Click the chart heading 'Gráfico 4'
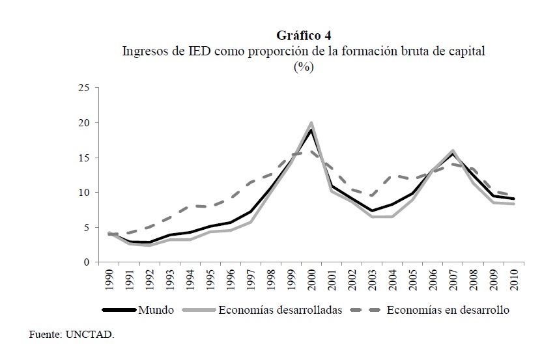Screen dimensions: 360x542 [304, 35]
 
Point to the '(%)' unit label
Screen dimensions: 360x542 [304, 68]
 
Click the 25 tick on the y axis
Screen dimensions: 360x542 [83, 88]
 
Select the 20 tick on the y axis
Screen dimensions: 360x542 [83, 123]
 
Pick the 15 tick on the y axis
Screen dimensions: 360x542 [83, 158]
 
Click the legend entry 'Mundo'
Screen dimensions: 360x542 [155, 310]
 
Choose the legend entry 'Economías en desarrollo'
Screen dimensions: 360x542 [448, 310]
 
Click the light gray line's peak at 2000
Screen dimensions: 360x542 [311, 123]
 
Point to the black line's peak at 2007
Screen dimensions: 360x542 [453, 154]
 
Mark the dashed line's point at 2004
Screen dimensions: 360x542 [392, 176]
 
